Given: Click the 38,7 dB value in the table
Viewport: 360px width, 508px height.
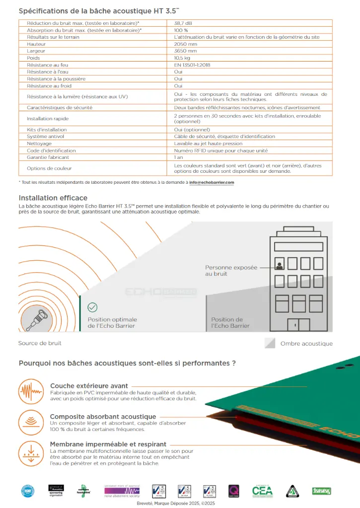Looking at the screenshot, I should coord(184,23).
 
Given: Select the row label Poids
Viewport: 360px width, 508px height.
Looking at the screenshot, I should coord(33,58).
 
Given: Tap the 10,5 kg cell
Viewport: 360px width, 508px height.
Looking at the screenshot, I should coord(183,58).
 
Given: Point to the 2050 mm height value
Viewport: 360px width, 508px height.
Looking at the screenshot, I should coord(185,44).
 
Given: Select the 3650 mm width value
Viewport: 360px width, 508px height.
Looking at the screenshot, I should coord(185,51).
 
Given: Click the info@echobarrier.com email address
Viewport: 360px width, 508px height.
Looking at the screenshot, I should coord(212,182).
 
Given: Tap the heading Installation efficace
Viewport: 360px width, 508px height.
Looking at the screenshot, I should coord(53,198).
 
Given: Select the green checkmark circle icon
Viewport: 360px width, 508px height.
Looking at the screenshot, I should coord(92,307).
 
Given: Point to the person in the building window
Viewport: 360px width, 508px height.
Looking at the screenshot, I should coord(279,265).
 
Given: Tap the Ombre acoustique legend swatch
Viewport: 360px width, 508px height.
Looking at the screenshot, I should coord(270,343).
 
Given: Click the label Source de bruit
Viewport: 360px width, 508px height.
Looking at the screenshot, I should coord(40,343).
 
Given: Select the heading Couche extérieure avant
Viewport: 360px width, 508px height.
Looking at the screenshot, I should coord(89,385).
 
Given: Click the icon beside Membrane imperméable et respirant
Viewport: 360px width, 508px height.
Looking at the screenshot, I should coord(31,453).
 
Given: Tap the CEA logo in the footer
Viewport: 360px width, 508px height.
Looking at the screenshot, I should coord(262,491).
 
